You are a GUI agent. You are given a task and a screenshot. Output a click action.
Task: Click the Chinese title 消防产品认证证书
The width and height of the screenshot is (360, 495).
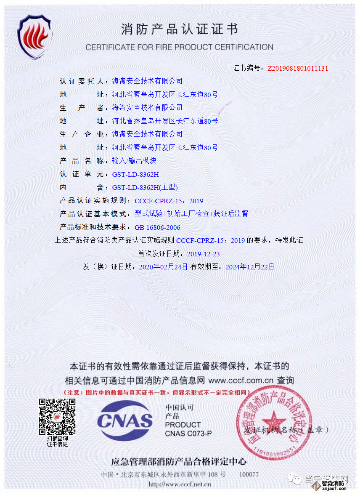point(180,29)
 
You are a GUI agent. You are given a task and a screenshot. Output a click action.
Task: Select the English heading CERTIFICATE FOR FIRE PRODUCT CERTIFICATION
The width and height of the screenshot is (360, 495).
point(180,47)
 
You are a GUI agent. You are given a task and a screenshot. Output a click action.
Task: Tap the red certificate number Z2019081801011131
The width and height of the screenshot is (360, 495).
point(298,68)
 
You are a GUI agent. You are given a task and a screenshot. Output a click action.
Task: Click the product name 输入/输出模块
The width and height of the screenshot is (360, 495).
point(134,161)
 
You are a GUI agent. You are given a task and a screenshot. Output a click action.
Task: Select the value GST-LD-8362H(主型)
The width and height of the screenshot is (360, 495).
point(145,188)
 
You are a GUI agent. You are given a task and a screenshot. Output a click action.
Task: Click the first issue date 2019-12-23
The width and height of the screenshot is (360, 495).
point(203,254)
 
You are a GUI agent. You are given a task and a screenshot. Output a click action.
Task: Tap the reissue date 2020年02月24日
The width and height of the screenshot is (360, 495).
point(163,267)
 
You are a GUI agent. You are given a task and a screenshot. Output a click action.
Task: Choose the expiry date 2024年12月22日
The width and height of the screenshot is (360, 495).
point(250,267)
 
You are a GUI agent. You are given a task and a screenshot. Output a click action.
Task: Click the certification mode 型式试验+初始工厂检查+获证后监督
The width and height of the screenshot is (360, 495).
point(191,214)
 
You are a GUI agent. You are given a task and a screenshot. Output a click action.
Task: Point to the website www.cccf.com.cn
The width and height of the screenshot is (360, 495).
point(241,381)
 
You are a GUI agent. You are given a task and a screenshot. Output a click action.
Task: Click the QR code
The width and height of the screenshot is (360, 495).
point(57,417)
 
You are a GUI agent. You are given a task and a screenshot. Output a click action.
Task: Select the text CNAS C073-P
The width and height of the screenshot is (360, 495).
point(188,433)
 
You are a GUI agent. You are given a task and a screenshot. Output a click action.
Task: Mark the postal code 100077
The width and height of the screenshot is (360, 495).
point(249,474)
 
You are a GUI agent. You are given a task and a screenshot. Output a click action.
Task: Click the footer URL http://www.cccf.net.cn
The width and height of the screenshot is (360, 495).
point(180,484)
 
